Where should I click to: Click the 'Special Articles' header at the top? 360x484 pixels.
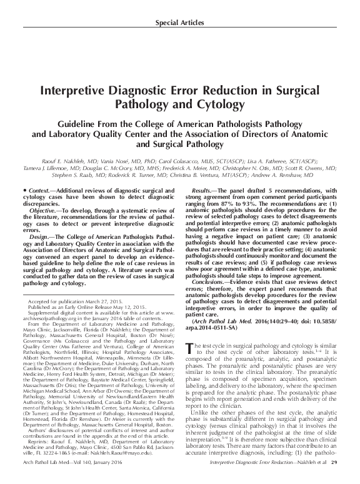(x=179, y=23)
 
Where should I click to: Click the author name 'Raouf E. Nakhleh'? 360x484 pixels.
(x=69, y=160)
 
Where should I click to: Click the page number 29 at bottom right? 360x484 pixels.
(x=334, y=479)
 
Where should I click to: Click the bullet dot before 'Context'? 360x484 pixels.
(x=22, y=189)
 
